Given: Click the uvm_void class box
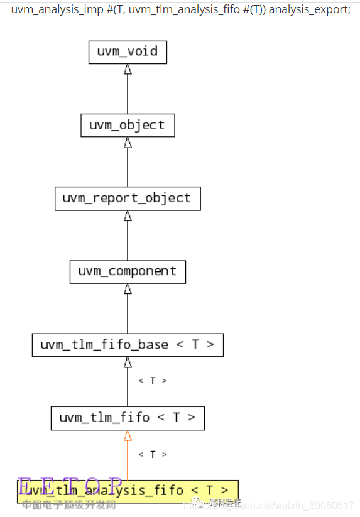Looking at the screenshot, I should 128,52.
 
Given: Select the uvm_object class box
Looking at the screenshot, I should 128,125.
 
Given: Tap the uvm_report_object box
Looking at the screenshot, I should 128,199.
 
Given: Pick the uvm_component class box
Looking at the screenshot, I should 128,271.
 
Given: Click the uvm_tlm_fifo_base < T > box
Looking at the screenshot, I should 128,345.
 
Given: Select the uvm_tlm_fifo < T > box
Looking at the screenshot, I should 128,418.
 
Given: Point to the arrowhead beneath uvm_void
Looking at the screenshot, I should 128,69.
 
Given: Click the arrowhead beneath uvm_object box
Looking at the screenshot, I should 128,143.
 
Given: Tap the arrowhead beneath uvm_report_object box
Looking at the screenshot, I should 128,216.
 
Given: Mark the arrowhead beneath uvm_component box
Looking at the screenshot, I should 128,289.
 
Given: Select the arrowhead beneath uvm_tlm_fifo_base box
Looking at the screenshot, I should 128,362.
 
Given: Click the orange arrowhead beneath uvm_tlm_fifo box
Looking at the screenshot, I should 128,435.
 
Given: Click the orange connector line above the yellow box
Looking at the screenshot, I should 128,462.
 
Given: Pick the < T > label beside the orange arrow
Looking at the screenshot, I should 153,454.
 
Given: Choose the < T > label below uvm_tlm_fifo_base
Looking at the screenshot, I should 153,381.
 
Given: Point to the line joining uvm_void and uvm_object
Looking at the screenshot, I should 128,94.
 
